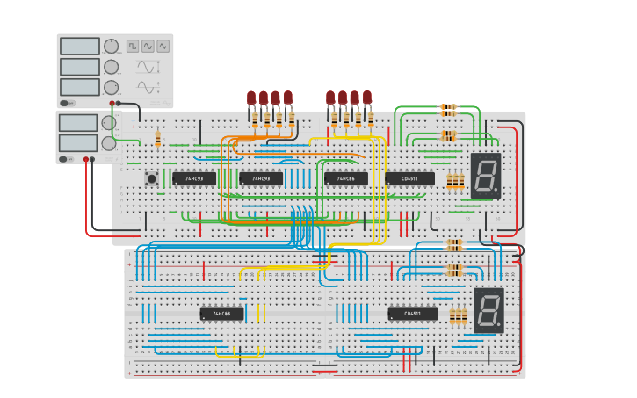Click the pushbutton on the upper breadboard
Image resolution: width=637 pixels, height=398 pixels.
(152, 178)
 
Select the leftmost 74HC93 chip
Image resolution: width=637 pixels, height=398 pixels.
(193, 178)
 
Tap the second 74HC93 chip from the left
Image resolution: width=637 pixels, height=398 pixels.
(261, 178)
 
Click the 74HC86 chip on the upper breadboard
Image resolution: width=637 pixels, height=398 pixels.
(346, 178)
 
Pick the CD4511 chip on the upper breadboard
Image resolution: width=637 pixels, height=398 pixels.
(409, 178)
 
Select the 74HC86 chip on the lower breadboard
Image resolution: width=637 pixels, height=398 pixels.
(221, 314)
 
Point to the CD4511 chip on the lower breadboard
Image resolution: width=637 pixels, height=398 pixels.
(412, 314)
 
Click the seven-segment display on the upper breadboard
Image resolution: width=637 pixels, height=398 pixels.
(486, 176)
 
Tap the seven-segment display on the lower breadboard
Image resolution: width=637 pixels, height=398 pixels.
(489, 309)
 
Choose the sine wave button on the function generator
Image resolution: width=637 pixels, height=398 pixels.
(148, 46)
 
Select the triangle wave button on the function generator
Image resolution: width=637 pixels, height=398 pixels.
(163, 46)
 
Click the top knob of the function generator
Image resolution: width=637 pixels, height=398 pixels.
(112, 46)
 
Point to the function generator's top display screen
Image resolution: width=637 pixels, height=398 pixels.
(80, 46)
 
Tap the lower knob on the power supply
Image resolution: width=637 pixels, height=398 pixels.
(109, 142)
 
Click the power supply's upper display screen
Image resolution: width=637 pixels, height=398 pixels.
(78, 122)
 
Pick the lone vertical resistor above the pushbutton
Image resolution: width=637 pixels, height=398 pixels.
(158, 138)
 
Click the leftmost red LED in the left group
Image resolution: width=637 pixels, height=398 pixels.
(251, 98)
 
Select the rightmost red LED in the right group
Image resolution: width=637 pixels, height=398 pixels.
(367, 97)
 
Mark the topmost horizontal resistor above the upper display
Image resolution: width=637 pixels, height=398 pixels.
(448, 109)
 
